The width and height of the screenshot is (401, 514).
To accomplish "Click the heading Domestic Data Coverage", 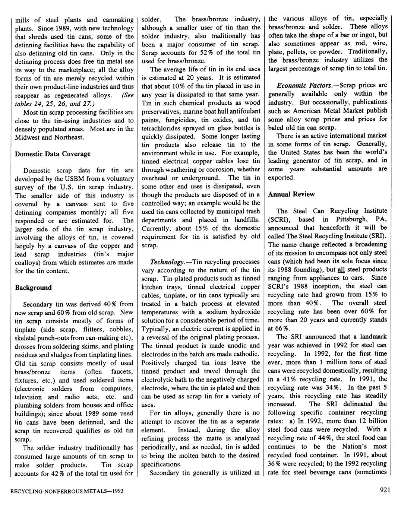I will click(53, 154).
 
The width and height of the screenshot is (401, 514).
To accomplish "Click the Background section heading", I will click(33, 288).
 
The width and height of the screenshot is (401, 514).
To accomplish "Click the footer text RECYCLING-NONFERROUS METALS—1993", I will click(66, 491).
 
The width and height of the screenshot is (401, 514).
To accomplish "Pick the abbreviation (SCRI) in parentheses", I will click(277, 219).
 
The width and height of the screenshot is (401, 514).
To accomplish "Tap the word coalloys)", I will click(29, 262).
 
